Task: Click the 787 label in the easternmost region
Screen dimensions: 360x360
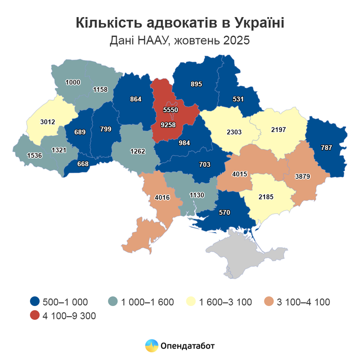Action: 326,148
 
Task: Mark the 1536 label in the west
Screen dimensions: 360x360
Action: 35,156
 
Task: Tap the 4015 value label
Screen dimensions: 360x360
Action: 240,174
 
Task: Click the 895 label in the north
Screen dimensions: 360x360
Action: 197,84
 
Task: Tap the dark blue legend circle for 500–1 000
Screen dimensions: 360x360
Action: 34,302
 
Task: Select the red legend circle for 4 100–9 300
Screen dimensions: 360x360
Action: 34,316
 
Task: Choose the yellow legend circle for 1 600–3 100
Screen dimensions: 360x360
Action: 190,302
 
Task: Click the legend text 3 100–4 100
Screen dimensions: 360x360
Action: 303,302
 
